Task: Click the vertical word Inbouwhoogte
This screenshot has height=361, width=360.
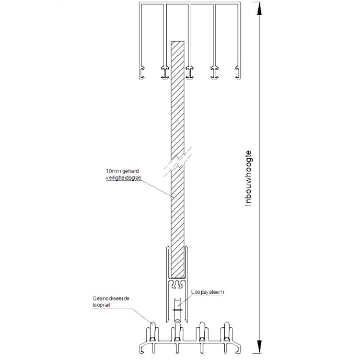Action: pyautogui.click(x=249, y=178)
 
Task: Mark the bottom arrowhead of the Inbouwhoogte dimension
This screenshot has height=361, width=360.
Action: pyautogui.click(x=260, y=344)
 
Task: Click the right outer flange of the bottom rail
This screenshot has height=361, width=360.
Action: pyautogui.click(x=238, y=347)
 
